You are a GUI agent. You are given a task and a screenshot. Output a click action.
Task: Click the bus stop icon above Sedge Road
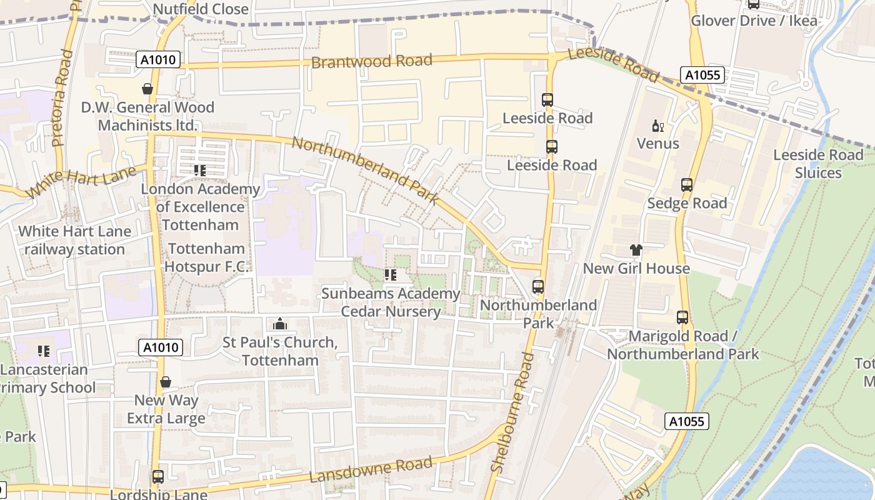tap(687, 185)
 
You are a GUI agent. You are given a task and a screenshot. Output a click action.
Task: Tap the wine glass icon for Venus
tap(657, 127)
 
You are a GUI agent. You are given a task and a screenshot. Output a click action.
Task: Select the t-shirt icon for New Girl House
tap(636, 251)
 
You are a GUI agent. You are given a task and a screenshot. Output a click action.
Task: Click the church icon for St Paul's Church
tap(279, 324)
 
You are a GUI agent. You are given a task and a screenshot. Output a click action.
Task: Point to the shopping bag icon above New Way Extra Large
tap(166, 382)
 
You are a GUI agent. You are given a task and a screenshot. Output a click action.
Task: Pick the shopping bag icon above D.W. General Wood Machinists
tap(147, 89)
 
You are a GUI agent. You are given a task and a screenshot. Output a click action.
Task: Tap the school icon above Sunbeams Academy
tap(391, 275)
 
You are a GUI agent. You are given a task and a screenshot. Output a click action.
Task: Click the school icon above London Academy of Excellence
tap(200, 170)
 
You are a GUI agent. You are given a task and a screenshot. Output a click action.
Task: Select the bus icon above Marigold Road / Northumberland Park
tap(682, 317)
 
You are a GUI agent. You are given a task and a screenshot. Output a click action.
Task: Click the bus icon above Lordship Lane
tap(158, 477)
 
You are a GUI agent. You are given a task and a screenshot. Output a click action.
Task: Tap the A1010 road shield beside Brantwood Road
tap(159, 60)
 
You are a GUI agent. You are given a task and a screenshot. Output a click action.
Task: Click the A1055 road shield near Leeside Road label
tap(703, 76)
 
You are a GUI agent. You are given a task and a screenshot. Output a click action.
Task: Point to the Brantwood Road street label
tap(371, 61)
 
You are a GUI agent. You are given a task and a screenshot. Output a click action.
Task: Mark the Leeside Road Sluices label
tap(818, 164)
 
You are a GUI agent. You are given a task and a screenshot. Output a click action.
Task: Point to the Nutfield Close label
tap(201, 9)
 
